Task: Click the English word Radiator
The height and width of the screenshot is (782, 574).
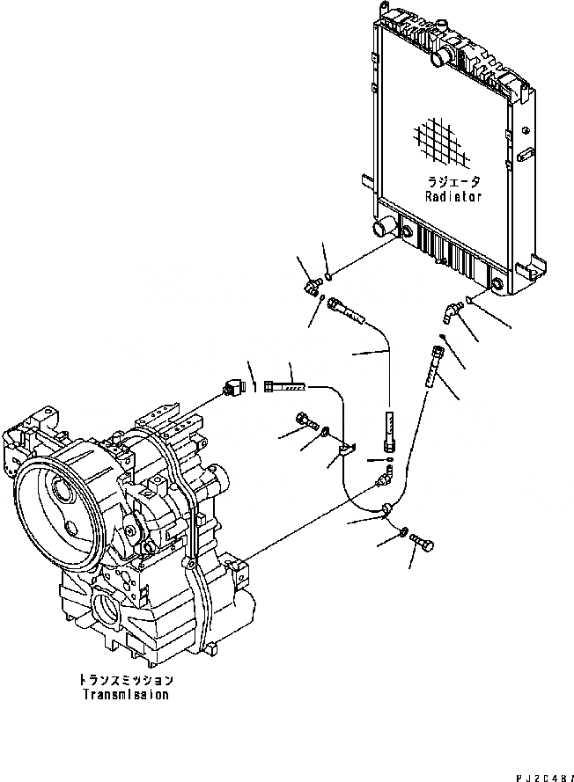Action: point(454,197)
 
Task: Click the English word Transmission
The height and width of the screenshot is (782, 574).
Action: point(126,694)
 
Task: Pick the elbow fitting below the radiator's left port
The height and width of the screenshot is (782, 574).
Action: point(311,286)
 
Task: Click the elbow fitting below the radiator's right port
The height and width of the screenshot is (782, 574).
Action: point(451,310)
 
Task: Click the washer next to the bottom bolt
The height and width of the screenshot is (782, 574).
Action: point(402,531)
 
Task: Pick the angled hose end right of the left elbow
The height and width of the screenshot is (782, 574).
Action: point(346,310)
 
